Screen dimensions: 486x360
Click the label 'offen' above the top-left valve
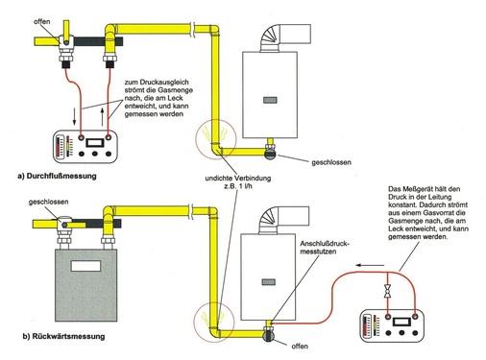[42, 21]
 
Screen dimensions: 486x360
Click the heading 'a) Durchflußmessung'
[57, 176]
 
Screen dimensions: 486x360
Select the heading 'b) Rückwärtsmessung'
[63, 336]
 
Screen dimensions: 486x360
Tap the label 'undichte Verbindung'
[238, 178]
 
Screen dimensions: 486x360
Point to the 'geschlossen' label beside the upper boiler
[331, 162]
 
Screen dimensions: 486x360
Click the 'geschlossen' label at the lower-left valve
[48, 202]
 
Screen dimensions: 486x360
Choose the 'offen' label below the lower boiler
[300, 346]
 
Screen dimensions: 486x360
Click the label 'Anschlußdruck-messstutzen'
[325, 248]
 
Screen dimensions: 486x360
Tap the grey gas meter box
[86, 285]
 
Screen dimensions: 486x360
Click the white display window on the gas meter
[85, 266]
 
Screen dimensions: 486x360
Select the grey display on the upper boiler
[270, 100]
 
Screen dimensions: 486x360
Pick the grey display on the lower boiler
[269, 282]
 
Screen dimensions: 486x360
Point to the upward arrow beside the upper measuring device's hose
[103, 117]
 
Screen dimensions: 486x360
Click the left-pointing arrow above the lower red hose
[370, 265]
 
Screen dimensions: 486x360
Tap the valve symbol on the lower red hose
[388, 291]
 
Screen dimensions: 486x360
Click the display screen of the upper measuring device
[95, 142]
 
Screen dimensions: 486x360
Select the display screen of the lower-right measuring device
[401, 321]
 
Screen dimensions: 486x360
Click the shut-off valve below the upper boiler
[270, 152]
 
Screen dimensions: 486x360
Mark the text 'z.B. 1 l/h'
[238, 186]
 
